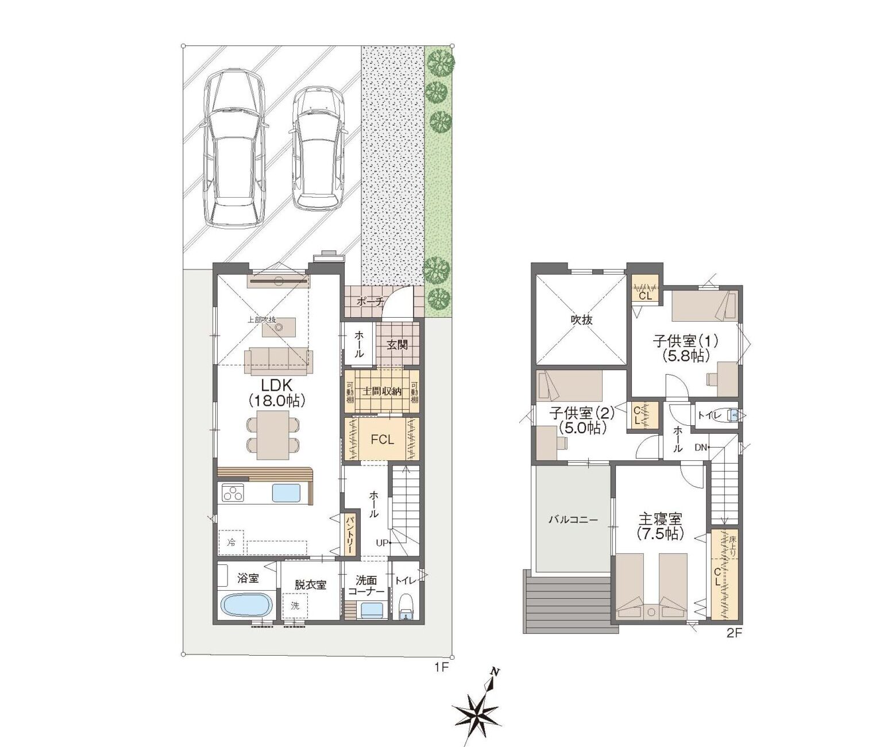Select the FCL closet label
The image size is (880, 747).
click(x=381, y=440)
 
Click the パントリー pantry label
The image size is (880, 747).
click(x=348, y=534)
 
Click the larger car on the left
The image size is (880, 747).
click(x=234, y=148)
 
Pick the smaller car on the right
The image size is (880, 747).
click(x=318, y=148)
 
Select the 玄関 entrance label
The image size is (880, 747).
click(x=397, y=345)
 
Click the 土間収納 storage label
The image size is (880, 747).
click(x=381, y=391)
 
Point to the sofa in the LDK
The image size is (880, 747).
click(x=279, y=360)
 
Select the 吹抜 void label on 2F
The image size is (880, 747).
click(x=581, y=319)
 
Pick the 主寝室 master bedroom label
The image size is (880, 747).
click(x=661, y=524)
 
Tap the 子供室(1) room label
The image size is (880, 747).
click(x=685, y=348)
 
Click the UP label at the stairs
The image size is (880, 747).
click(x=380, y=542)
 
